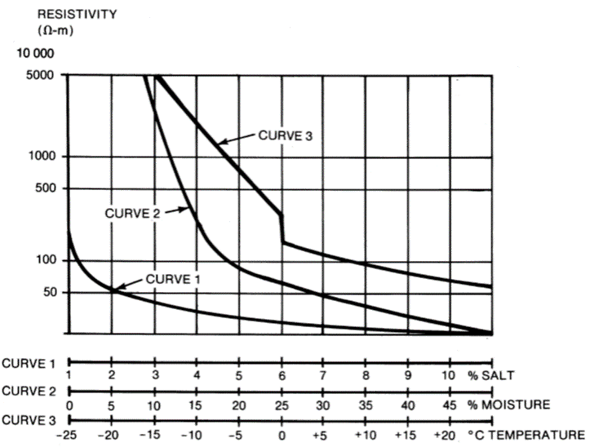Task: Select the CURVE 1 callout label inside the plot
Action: pyautogui.click(x=172, y=278)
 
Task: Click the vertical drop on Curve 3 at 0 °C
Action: pyautogui.click(x=282, y=228)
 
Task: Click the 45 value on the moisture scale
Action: pyautogui.click(x=448, y=404)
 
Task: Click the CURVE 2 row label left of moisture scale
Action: pyautogui.click(x=29, y=390)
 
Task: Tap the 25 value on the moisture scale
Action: pyautogui.click(x=281, y=404)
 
